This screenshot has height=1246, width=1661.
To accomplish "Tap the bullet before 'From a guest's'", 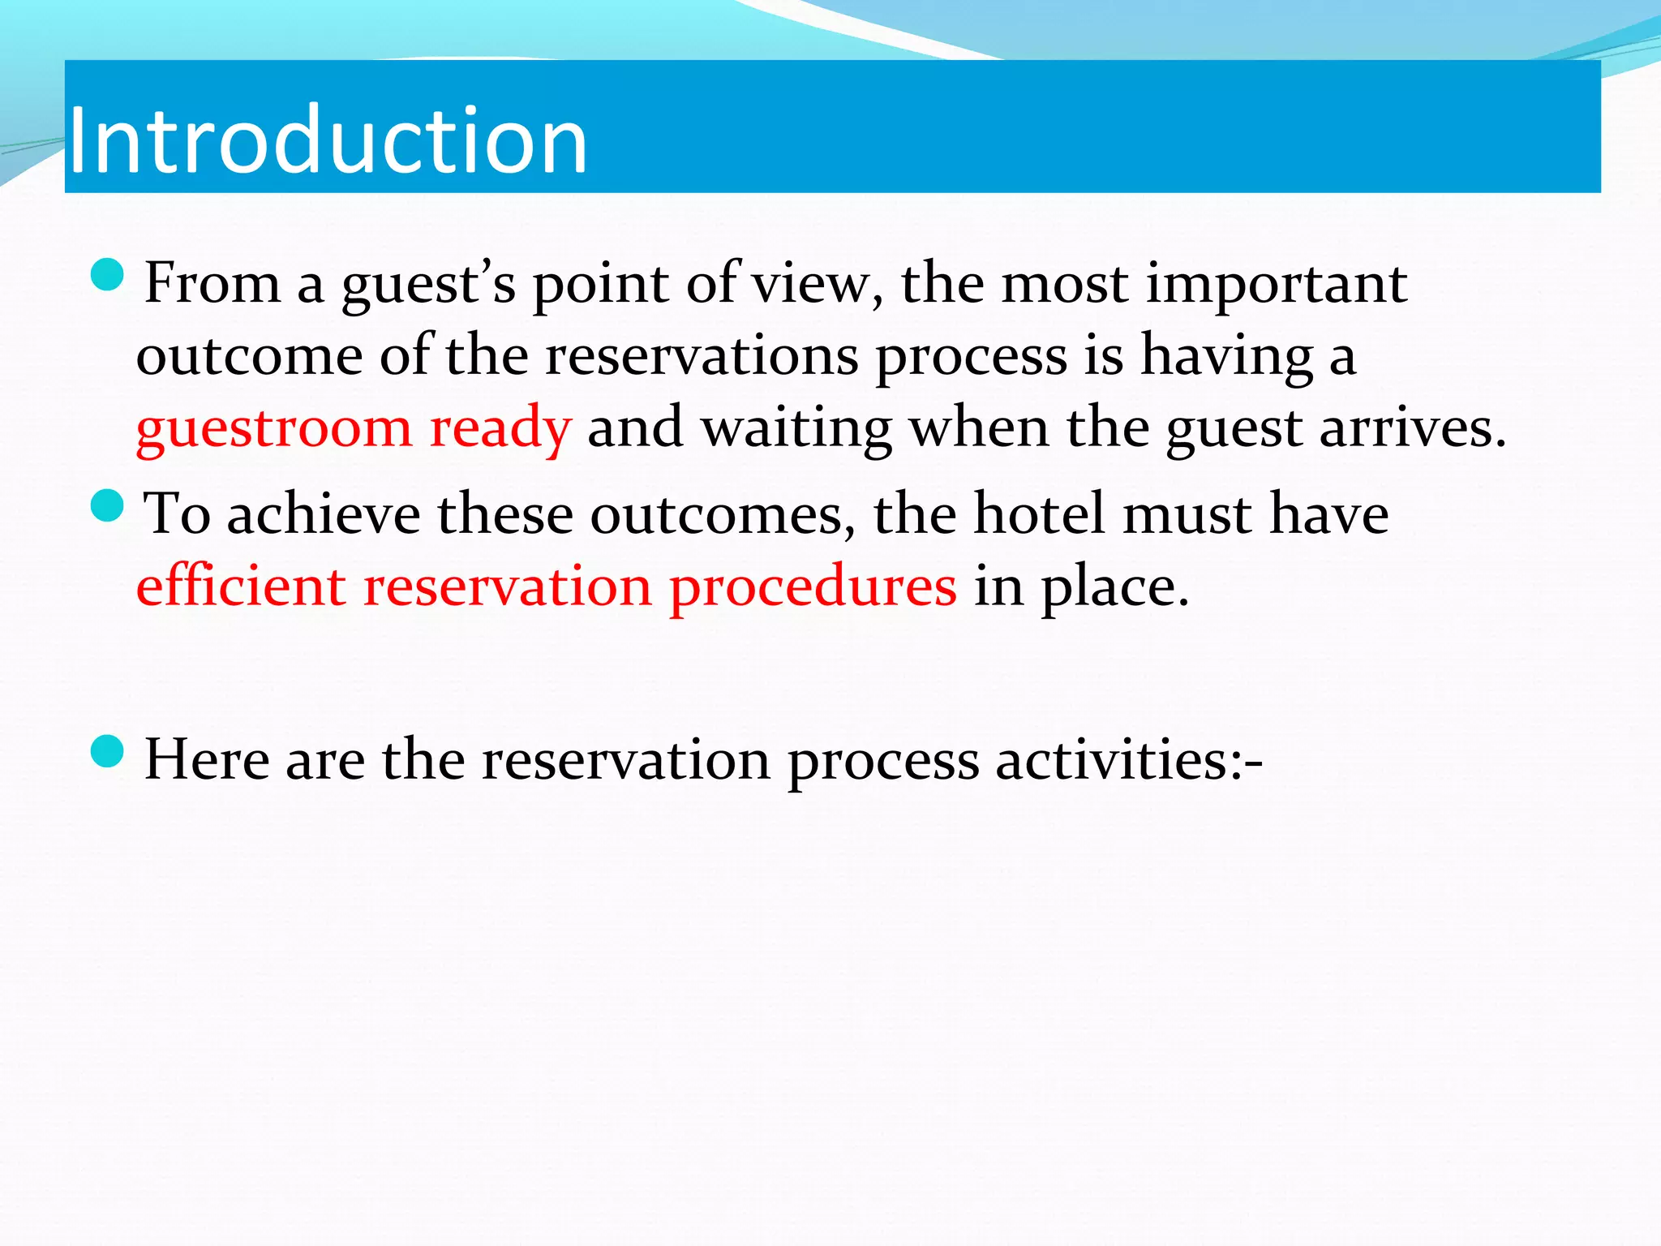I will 108,276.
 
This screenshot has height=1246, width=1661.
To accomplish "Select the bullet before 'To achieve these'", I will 108,506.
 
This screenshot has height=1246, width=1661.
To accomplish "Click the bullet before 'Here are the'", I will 108,752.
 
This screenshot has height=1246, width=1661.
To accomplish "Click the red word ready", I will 500,428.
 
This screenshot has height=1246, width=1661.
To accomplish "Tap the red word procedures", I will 813,587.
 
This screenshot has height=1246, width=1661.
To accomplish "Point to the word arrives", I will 1412,428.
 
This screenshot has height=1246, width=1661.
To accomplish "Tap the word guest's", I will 428,286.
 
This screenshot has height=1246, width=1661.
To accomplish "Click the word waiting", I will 796,428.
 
